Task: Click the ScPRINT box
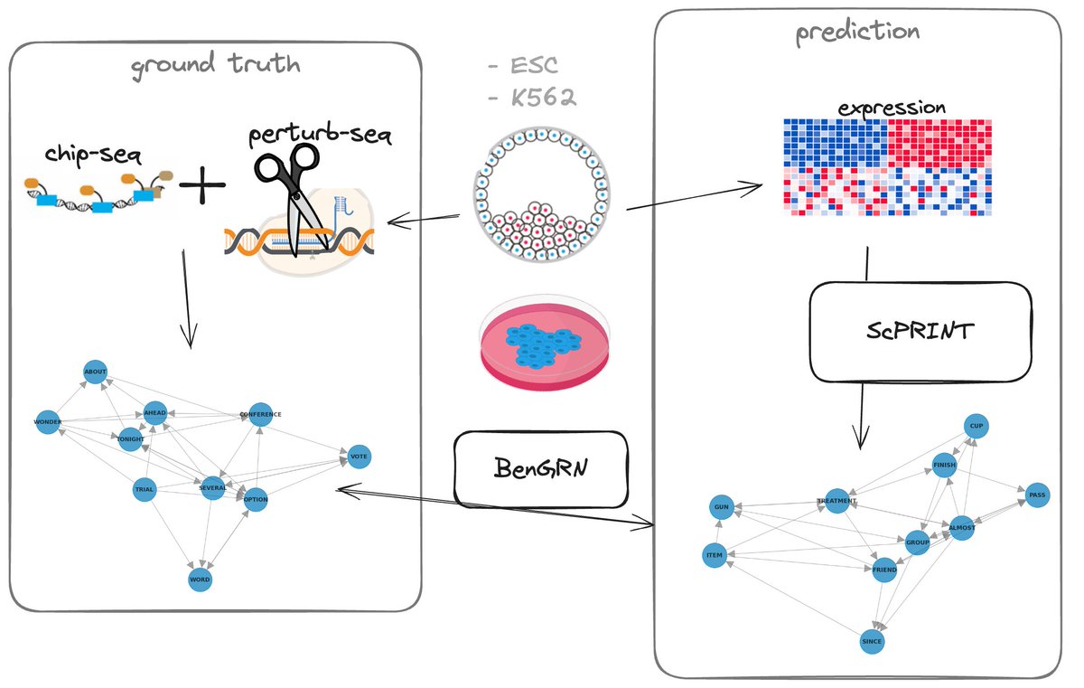tap(920, 332)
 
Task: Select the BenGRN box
tap(540, 468)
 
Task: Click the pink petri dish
tap(549, 345)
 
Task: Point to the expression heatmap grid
tap(888, 167)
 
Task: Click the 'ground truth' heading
tap(215, 66)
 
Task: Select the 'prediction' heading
tap(856, 33)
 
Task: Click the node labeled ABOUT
tap(95, 372)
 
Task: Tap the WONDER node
tap(48, 422)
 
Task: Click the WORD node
tap(200, 580)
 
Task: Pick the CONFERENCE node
tap(260, 414)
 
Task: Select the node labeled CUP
tap(975, 426)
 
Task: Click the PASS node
tap(1037, 495)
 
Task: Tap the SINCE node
tap(872, 641)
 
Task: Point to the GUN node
tap(721, 507)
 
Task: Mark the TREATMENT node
tap(836, 501)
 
